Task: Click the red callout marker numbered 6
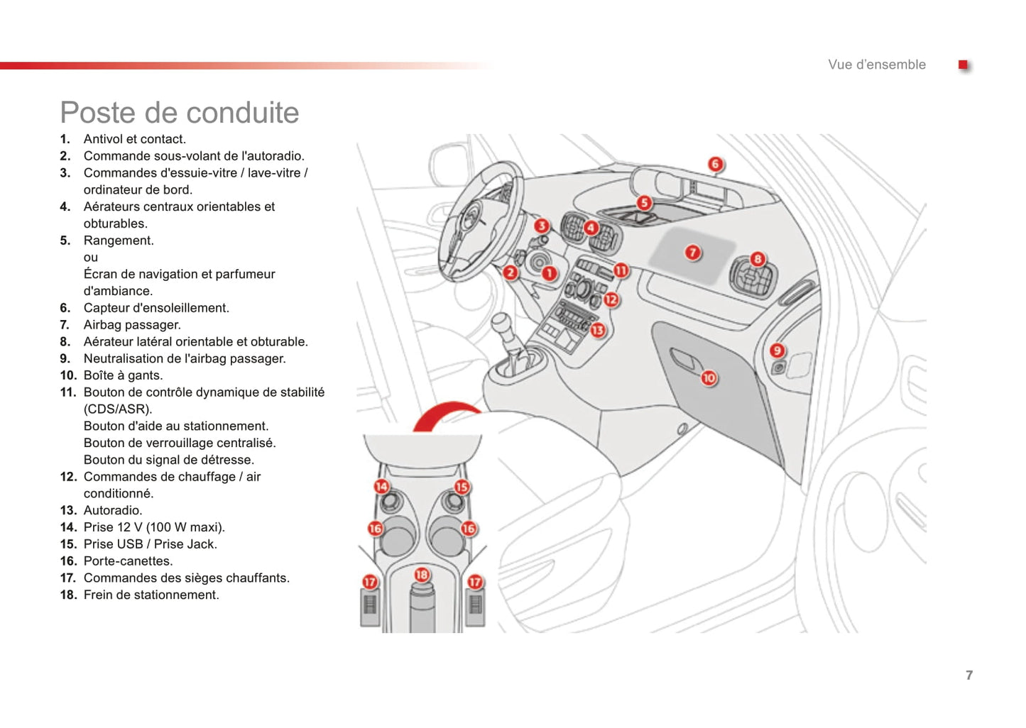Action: pos(715,165)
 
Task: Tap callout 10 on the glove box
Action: pos(709,378)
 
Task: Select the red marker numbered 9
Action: pos(777,351)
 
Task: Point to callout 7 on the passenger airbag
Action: pos(692,253)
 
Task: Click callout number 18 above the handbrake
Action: pos(422,575)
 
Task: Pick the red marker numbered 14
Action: pos(381,486)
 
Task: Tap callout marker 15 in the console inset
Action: pos(462,487)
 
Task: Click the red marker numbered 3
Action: pos(542,226)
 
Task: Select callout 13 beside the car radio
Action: pos(598,330)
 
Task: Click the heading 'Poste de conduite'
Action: pos(180,113)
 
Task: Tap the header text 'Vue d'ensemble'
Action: pos(876,65)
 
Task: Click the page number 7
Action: pos(968,675)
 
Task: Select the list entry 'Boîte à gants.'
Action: pos(123,375)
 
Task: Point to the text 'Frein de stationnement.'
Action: pos(151,595)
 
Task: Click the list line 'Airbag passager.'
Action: pos(132,325)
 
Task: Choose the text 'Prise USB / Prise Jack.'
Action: pos(151,544)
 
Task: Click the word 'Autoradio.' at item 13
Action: pos(113,510)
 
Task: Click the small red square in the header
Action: pos(963,65)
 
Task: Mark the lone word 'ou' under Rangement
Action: pos(91,258)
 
